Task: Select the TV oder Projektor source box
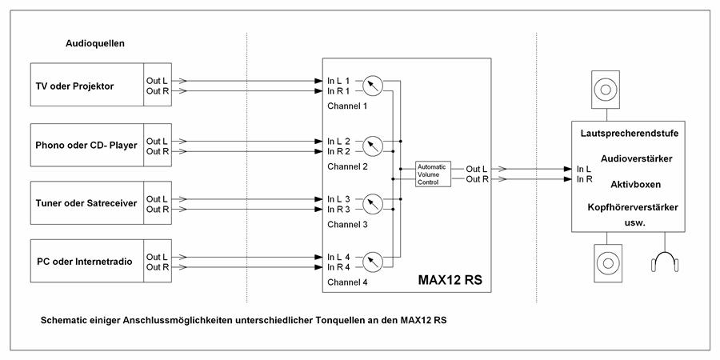pos(86,86)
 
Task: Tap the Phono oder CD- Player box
pos(86,146)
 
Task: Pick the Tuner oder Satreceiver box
pos(86,203)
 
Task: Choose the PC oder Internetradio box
pos(86,262)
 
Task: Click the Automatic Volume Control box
pos(432,174)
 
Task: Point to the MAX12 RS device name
pos(450,281)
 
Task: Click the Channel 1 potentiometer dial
pos(373,86)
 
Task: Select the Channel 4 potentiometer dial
pos(373,262)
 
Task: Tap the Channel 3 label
pos(346,224)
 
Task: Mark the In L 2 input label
pos(338,141)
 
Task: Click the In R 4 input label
pos(338,266)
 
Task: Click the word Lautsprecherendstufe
pos(629,134)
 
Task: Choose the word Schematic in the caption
pos(66,320)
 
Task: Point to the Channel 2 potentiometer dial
pos(373,146)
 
